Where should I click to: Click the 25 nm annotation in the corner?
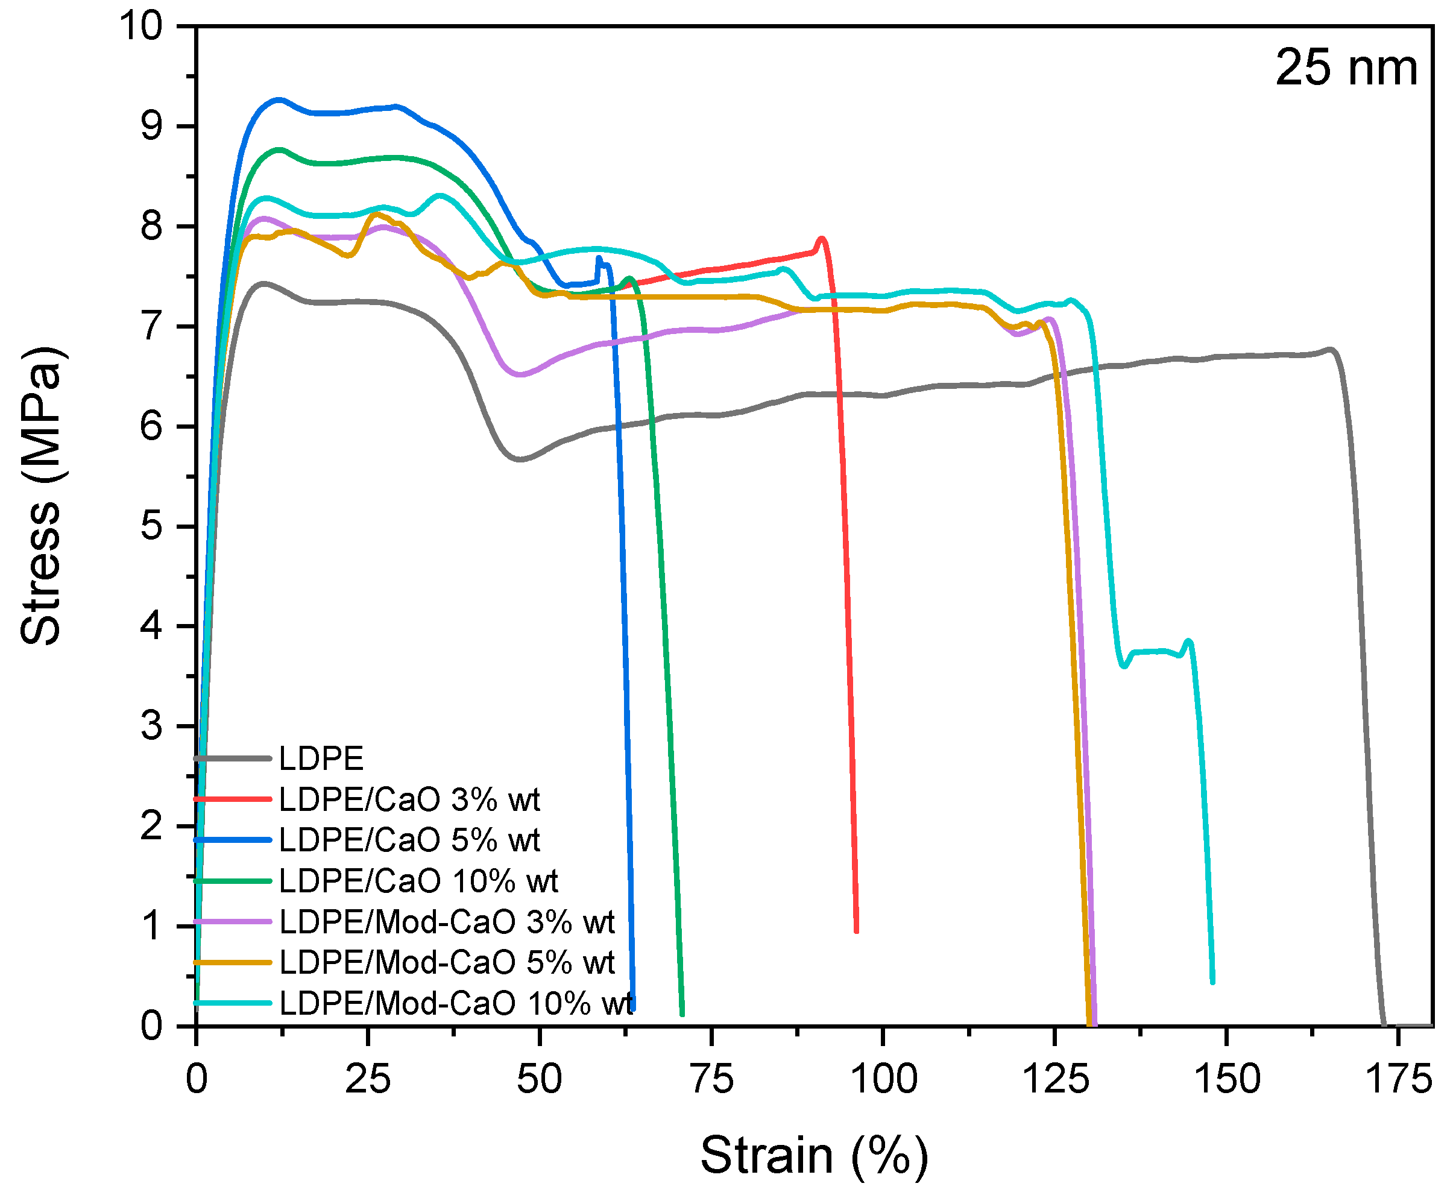(1345, 68)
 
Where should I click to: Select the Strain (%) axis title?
(814, 1155)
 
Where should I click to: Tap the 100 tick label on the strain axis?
(884, 1079)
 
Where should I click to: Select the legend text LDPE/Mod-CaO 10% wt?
(455, 1003)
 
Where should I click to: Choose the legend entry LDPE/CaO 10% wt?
(418, 881)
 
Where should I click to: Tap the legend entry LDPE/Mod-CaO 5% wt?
(446, 963)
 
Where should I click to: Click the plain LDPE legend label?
(321, 759)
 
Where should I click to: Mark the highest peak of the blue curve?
(279, 99)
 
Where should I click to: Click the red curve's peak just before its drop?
(821, 239)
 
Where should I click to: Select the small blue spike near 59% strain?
(599, 258)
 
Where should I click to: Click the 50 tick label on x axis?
(540, 1079)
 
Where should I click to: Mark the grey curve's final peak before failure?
(1330, 349)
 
